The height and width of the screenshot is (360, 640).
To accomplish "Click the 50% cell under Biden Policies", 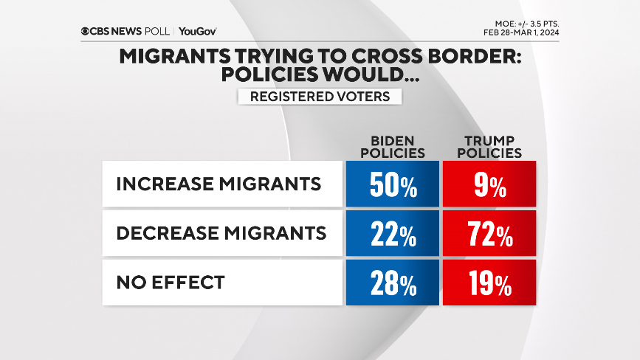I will click(x=392, y=184).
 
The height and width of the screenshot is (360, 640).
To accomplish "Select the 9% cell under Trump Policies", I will click(x=489, y=184).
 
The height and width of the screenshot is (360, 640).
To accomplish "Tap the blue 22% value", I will click(x=392, y=234).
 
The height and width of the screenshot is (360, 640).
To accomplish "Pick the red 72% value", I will click(x=489, y=234).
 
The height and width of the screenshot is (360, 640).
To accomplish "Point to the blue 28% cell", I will click(x=392, y=283).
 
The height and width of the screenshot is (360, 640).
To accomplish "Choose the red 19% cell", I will click(x=489, y=283).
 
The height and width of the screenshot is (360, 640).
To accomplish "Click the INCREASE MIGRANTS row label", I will click(x=219, y=184).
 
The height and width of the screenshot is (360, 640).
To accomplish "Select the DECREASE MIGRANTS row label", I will click(x=221, y=233).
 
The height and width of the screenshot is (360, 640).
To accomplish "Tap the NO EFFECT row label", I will click(x=169, y=282).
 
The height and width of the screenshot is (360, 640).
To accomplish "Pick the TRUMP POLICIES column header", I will click(x=489, y=147).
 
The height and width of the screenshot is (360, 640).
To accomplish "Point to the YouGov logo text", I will click(x=197, y=31).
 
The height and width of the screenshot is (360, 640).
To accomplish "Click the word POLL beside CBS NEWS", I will click(x=156, y=31).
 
